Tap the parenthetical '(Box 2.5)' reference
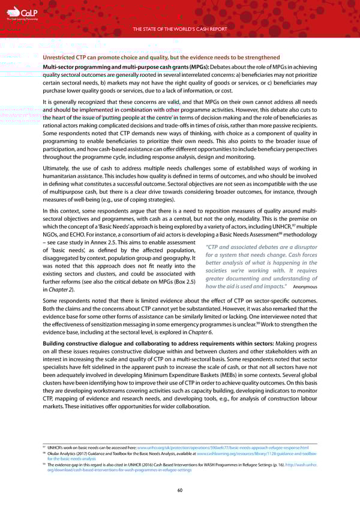tap(184, 282)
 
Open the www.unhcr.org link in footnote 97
tap(223, 448)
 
